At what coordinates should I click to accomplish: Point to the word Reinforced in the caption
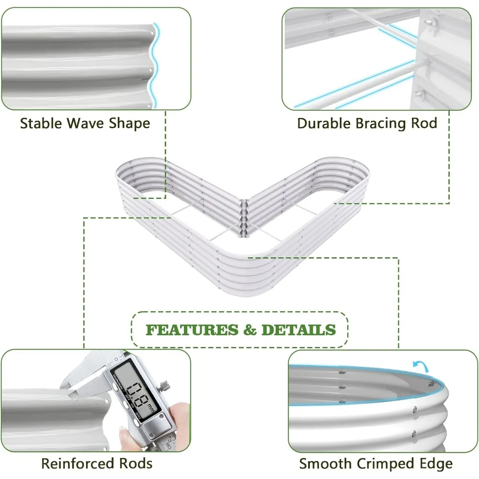tap(78, 463)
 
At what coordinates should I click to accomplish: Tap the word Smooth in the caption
tap(325, 463)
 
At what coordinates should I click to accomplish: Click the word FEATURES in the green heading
tap(191, 330)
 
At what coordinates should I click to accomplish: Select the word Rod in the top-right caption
tap(423, 123)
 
